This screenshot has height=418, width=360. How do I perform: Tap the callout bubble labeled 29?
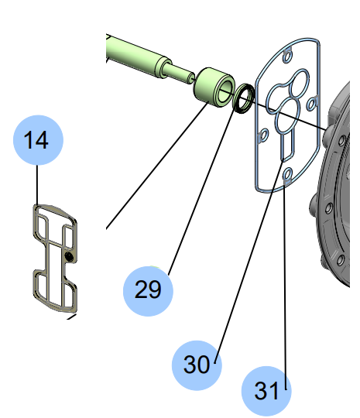[x=148, y=290]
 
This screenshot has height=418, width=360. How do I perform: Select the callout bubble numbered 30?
[x=197, y=364]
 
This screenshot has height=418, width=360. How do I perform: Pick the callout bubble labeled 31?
[x=266, y=391]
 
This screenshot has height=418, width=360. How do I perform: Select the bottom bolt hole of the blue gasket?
[x=287, y=175]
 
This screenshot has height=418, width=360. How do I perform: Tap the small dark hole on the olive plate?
[x=70, y=255]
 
